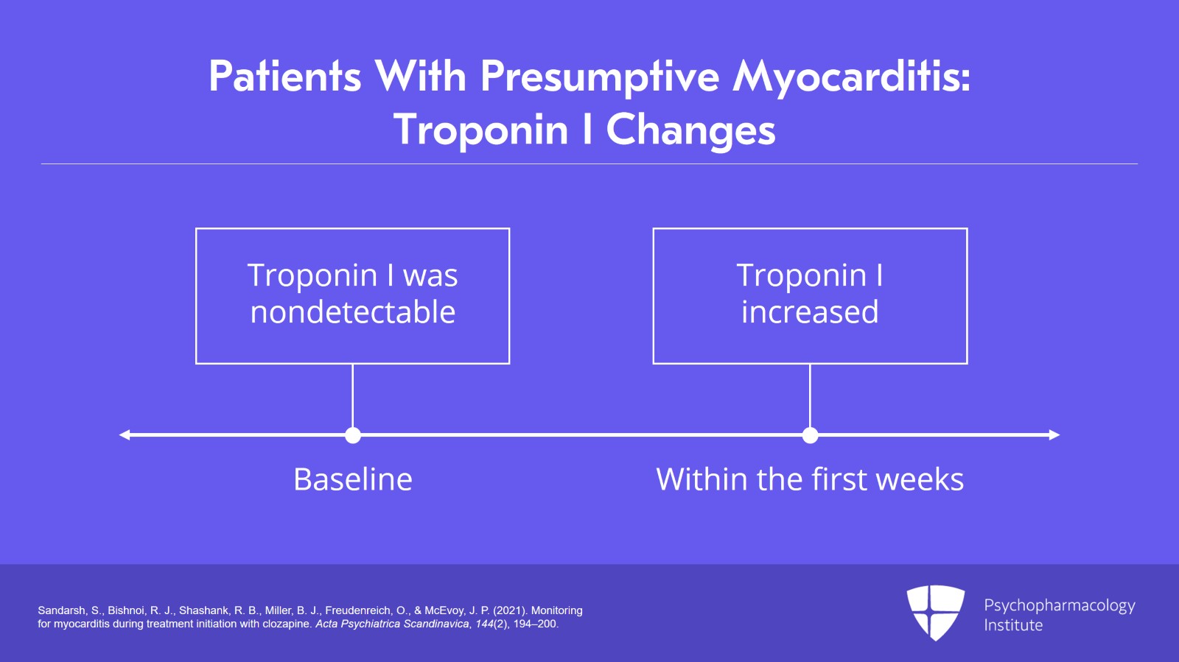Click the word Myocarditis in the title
point(851,77)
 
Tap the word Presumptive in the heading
point(600,77)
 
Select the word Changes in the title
point(690,130)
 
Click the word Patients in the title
point(285,77)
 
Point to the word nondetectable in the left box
point(352,312)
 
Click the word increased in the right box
point(810,312)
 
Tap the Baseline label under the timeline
point(352,479)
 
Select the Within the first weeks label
point(810,479)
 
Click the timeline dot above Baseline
point(353,435)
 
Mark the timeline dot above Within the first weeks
point(810,435)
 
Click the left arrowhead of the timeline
point(125,435)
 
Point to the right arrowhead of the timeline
point(1054,435)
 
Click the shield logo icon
point(935,612)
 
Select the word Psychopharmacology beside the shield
point(1059,605)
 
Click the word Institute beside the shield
point(1013,625)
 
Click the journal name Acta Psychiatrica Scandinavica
point(392,624)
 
